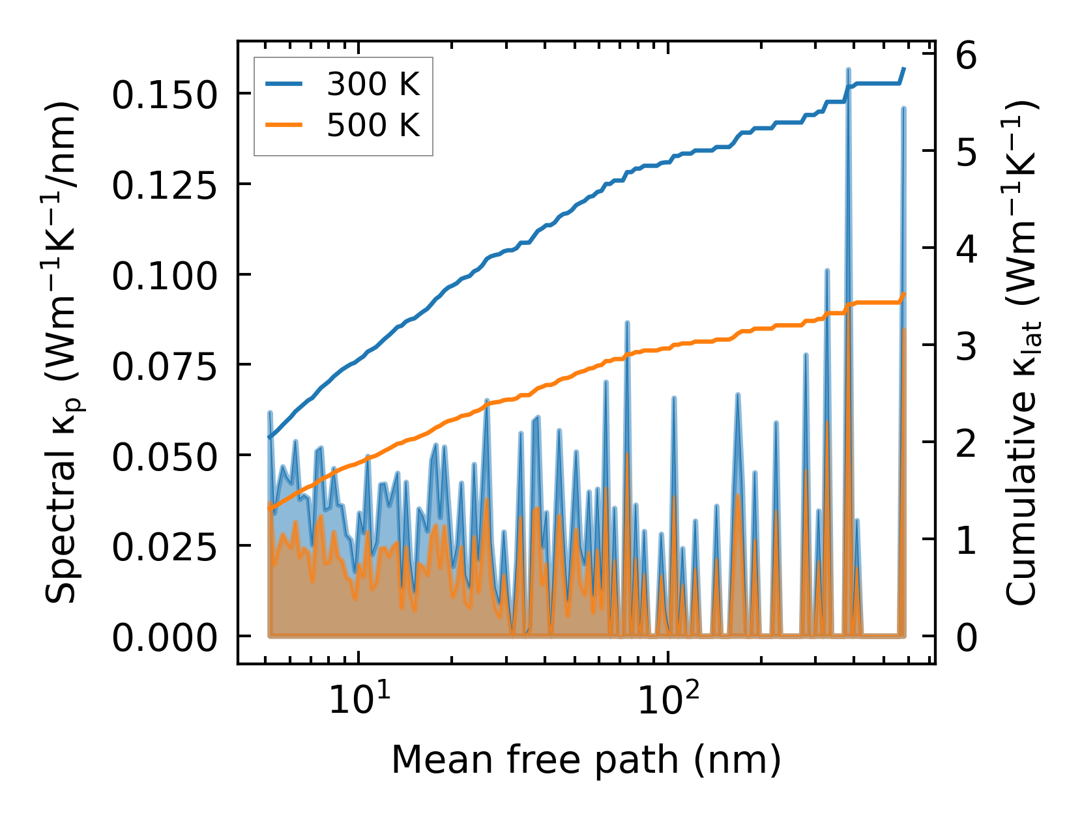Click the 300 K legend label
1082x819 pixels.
pos(373,85)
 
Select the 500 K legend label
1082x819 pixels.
pos(373,124)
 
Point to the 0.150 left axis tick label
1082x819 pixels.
pos(164,95)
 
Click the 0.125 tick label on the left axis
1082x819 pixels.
pos(164,186)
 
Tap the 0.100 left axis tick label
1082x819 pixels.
pos(164,276)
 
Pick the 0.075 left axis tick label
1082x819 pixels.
pos(164,367)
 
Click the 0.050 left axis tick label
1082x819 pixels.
pos(164,457)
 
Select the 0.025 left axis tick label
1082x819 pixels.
pos(164,548)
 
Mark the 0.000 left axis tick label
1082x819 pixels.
pos(164,639)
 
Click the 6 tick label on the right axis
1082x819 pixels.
pos(967,56)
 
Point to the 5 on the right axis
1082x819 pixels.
pos(967,153)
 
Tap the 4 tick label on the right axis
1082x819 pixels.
pos(967,250)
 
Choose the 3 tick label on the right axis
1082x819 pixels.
pos(967,347)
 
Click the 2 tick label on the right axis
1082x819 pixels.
pos(967,444)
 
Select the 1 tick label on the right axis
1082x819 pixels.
pos(967,541)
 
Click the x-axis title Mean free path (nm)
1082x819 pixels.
pos(586,760)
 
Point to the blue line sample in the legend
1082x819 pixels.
pos(284,85)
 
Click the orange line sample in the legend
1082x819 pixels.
pos(284,124)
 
